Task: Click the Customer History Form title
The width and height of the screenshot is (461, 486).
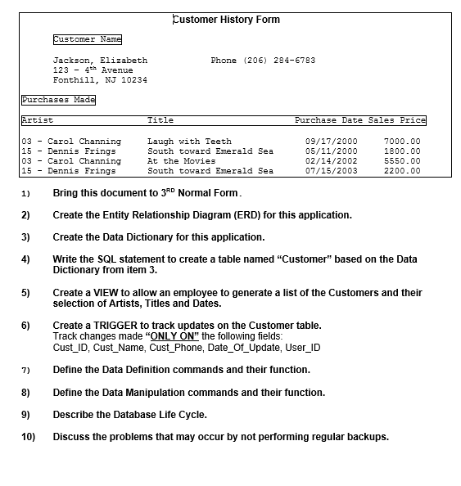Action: click(227, 20)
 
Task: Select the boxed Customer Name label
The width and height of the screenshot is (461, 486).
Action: click(87, 39)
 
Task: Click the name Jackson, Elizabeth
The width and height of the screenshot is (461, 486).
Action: click(100, 61)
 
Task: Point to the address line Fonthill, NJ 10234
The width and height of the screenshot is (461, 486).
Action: click(100, 80)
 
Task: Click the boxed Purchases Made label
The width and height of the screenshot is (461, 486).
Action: click(58, 100)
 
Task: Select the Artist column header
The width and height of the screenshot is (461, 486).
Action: click(38, 120)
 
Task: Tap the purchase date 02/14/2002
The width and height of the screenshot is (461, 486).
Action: click(331, 161)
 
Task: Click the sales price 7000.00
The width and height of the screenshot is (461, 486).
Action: click(401, 142)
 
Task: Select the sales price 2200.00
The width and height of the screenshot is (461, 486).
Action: click(401, 171)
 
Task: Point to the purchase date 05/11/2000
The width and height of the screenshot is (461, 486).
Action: click(331, 151)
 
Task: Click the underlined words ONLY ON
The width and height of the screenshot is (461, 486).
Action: click(171, 336)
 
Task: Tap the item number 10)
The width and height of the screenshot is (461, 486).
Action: click(28, 437)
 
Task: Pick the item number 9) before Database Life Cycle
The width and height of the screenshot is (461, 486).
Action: click(25, 415)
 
